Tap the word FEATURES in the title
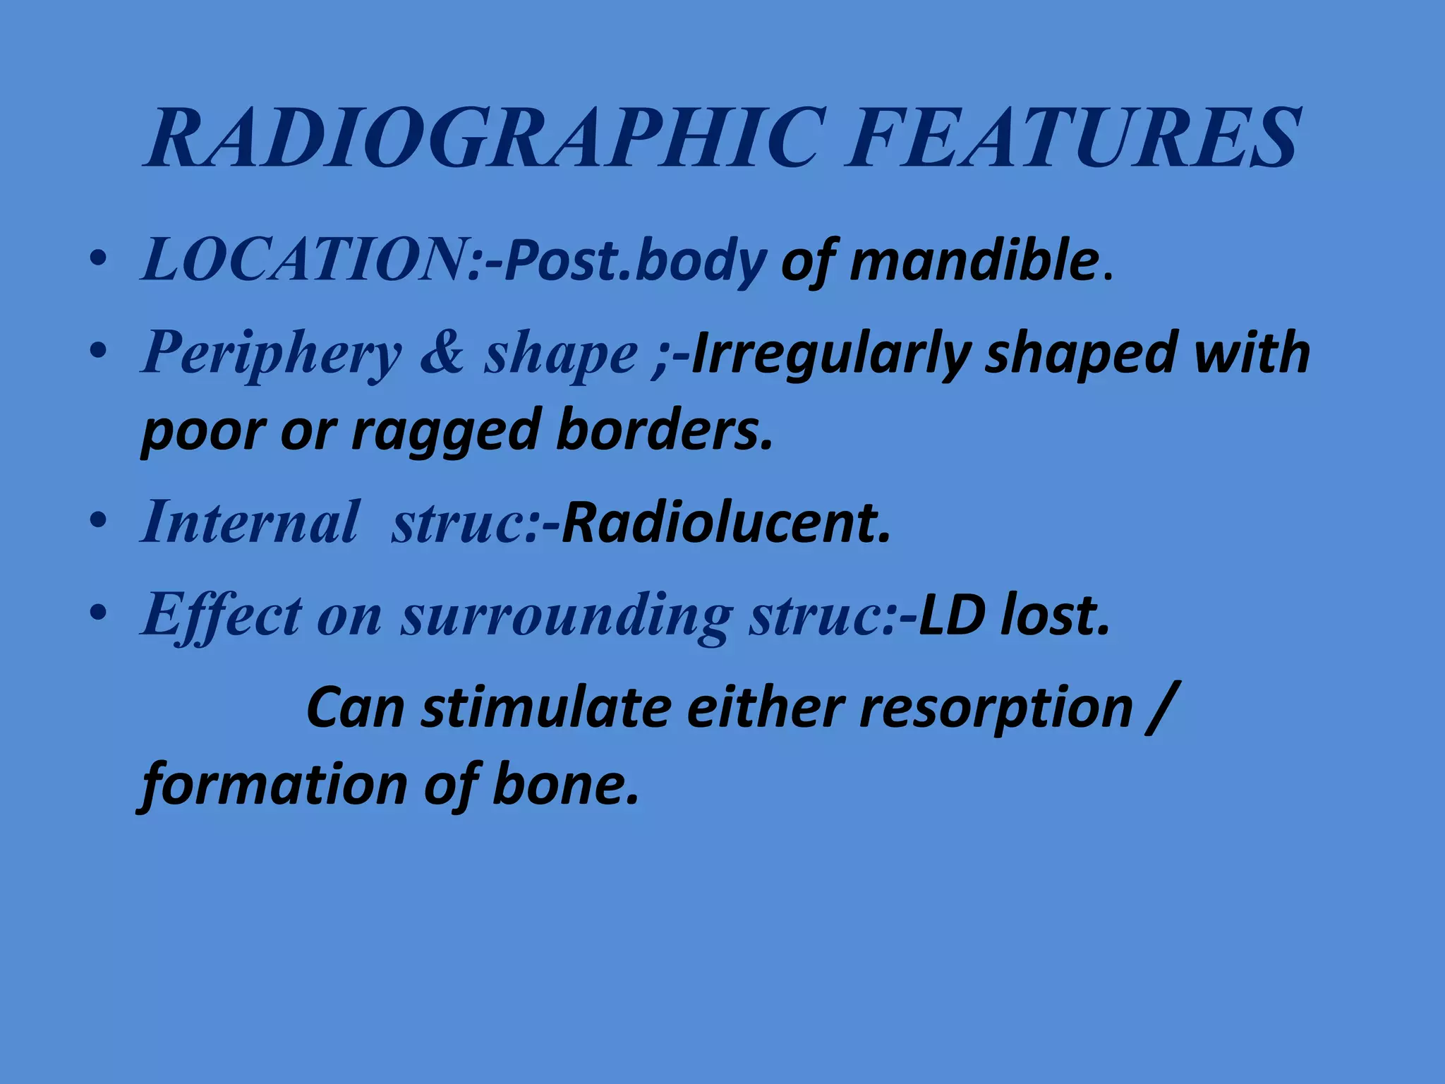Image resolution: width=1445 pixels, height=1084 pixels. coord(1072,138)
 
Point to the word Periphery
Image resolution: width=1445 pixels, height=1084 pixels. coord(272,353)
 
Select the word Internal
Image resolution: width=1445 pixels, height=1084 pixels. coord(250,522)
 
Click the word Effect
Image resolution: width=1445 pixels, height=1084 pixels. coord(222,614)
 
